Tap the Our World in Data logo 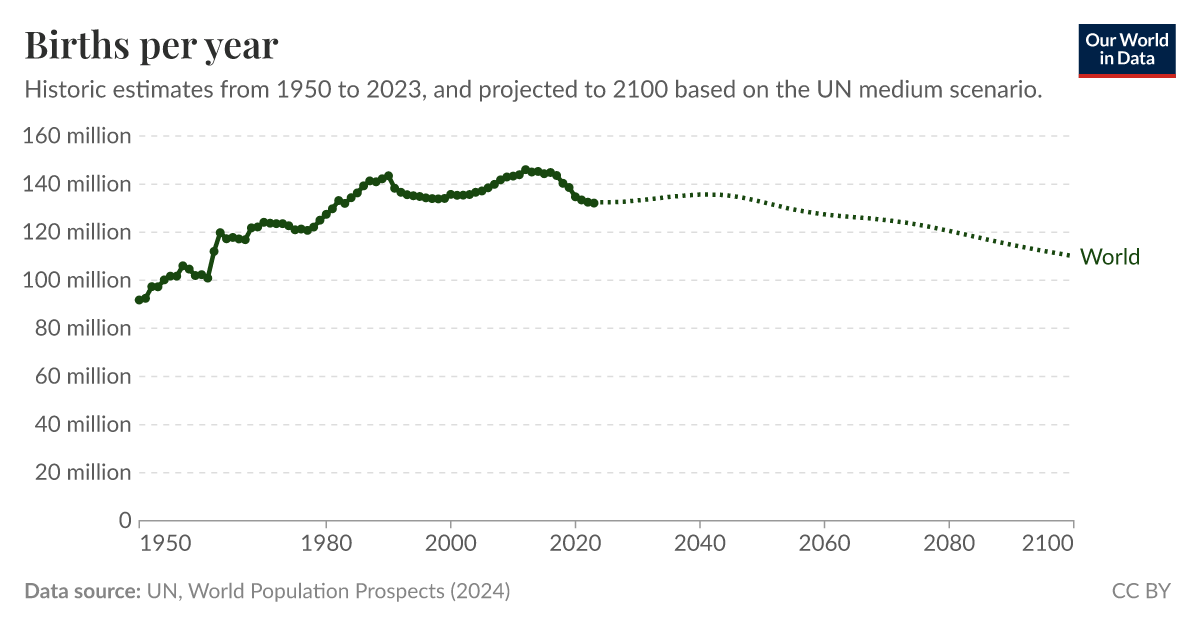pos(1126,50)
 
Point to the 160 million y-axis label pos(77,136)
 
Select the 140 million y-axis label pos(77,184)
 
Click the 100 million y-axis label pos(77,280)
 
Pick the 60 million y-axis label pos(83,376)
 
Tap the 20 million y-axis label pos(83,472)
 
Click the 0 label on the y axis pos(125,520)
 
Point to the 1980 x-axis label pos(326,544)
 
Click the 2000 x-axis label pos(450,544)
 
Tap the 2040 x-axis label pos(699,544)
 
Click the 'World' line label pos(1110,257)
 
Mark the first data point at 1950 pos(139,300)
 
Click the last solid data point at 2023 pos(594,203)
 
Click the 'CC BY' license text pos(1141,591)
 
